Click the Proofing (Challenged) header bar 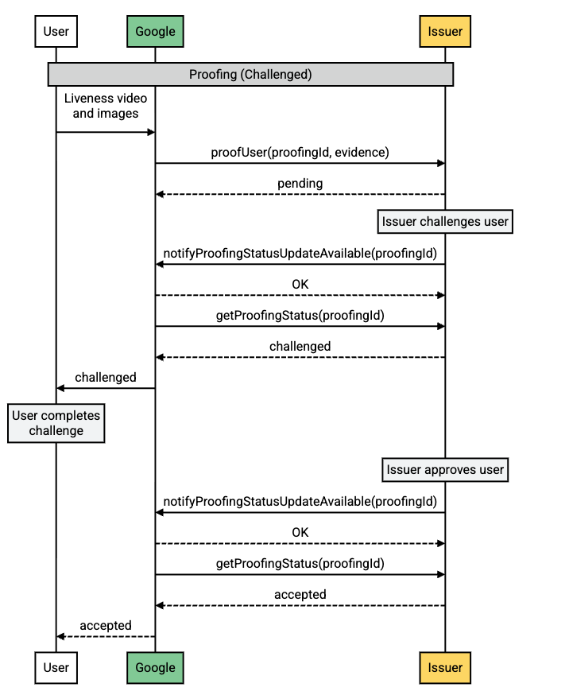coord(250,75)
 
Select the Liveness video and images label coord(106,106)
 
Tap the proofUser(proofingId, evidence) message coord(300,152)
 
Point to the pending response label coord(300,184)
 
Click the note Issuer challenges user coord(445,222)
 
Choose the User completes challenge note coord(56,423)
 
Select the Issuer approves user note coord(445,470)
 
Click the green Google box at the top coord(155,32)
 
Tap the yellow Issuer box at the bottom coord(445,668)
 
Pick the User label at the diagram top coord(56,32)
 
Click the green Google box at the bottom coord(155,668)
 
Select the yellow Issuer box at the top coord(445,32)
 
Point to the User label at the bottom coord(56,668)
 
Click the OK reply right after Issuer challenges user coord(300,284)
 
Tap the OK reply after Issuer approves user coord(300,532)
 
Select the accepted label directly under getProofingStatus coord(300,594)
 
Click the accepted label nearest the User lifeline coord(106,626)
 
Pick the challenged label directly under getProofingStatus coord(300,346)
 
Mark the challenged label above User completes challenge coord(106,377)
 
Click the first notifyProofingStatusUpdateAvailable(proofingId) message coord(300,254)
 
